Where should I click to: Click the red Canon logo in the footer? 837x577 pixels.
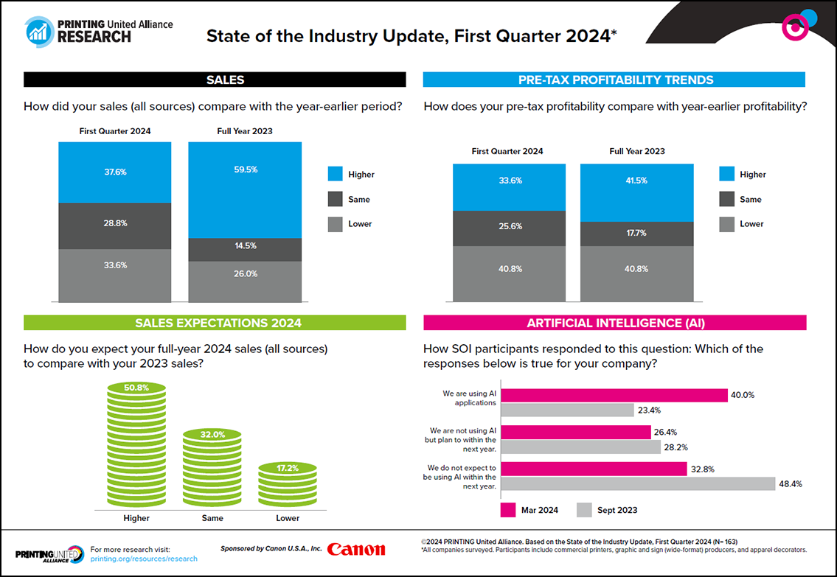[x=355, y=549]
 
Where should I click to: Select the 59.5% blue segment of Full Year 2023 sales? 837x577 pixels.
[x=245, y=189]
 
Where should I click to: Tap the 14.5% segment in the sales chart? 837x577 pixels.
[x=245, y=250]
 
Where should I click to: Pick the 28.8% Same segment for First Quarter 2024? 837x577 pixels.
[x=114, y=225]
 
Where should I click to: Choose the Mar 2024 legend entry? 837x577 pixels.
[x=529, y=510]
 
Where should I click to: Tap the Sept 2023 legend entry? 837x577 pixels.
[x=607, y=510]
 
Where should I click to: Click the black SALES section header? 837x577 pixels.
[x=215, y=80]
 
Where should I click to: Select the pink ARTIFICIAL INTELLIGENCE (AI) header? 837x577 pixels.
[x=614, y=323]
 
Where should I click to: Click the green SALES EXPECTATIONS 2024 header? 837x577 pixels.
[x=215, y=323]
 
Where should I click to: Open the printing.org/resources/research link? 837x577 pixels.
[x=143, y=559]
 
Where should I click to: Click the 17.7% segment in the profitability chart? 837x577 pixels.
[x=636, y=234]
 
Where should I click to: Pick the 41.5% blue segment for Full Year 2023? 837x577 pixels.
[x=636, y=192]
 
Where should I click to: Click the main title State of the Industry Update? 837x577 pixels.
[x=411, y=35]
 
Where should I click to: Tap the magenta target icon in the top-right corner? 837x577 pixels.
[x=794, y=27]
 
